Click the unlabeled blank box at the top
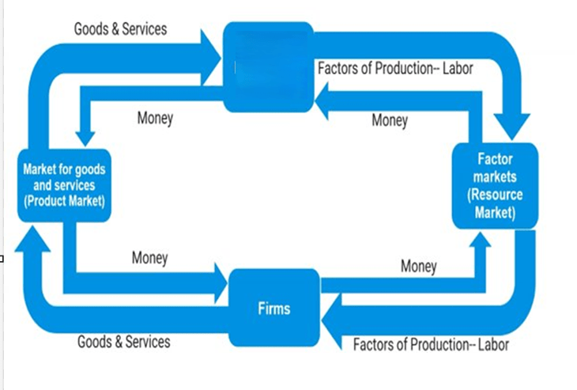[x=268, y=67]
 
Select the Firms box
[x=274, y=308]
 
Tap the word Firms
[x=274, y=309]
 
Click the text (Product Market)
[x=64, y=201]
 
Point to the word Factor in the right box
[x=495, y=159]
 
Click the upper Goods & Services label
[x=120, y=29]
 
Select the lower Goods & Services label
[x=123, y=342]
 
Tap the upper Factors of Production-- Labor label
[x=395, y=68]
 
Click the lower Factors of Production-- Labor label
[x=431, y=345]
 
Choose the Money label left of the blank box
[x=155, y=118]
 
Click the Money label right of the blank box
[x=390, y=120]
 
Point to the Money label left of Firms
[x=149, y=258]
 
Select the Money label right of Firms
[x=418, y=267]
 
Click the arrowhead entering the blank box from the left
[x=210, y=58]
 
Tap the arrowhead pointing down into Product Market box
[x=85, y=139]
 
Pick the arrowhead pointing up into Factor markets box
[x=481, y=240]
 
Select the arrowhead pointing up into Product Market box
[x=32, y=239]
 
